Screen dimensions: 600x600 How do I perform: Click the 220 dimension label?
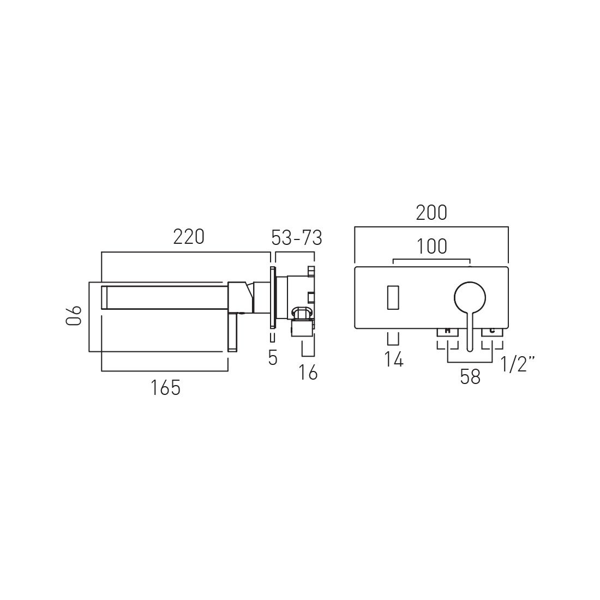(189, 238)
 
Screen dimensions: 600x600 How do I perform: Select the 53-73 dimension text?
(297, 238)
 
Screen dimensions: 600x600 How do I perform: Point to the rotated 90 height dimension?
(74, 316)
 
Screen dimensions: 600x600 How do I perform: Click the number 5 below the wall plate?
(273, 358)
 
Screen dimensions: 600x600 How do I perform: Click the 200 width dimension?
(431, 213)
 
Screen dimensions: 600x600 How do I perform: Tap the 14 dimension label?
(393, 359)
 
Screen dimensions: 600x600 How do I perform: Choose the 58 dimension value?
(470, 377)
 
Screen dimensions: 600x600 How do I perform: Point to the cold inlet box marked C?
(492, 331)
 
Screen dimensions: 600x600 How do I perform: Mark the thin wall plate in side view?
(272, 297)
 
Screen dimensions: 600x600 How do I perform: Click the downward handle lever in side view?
(233, 333)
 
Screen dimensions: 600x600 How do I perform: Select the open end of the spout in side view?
(104, 298)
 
